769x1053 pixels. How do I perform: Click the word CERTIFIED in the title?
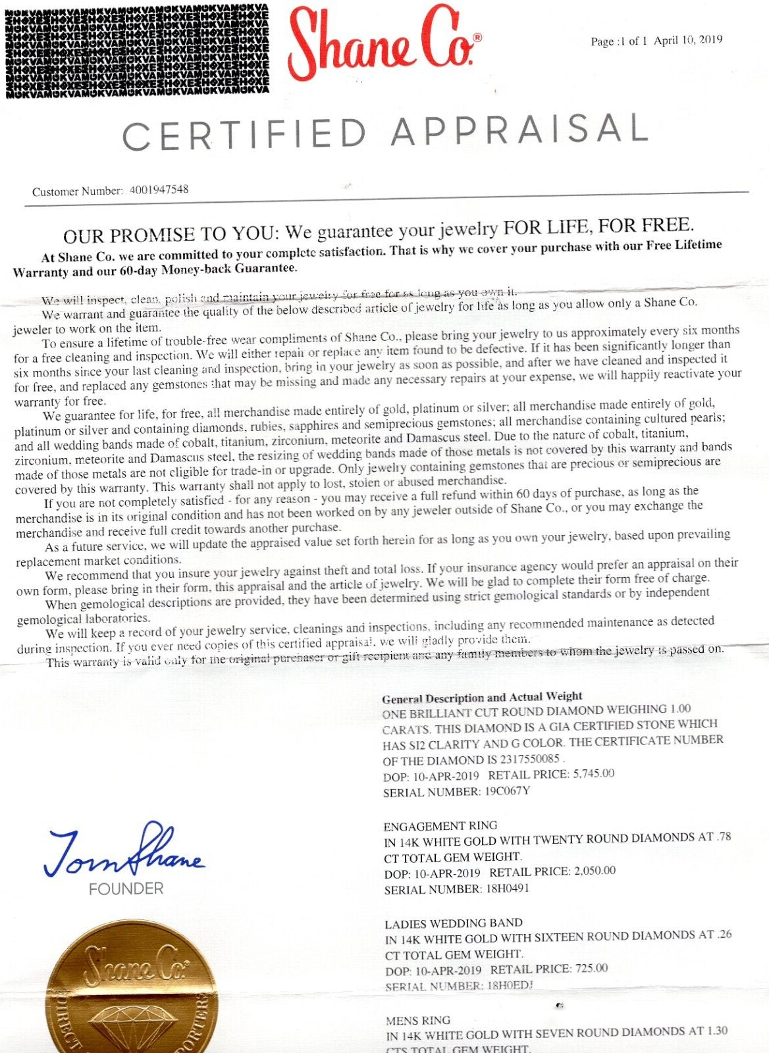pyautogui.click(x=244, y=134)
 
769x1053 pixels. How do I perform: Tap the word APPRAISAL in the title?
pyautogui.click(x=519, y=129)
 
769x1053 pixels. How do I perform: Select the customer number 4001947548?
pyautogui.click(x=159, y=190)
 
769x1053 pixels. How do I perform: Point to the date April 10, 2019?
pyautogui.click(x=688, y=40)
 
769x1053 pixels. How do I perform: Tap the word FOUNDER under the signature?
pyautogui.click(x=126, y=889)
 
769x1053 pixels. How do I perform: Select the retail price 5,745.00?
pyautogui.click(x=594, y=774)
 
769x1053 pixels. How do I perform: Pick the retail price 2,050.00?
pyautogui.click(x=595, y=871)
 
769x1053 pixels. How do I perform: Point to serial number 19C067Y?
pyautogui.click(x=507, y=791)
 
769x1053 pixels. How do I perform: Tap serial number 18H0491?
pyautogui.click(x=508, y=888)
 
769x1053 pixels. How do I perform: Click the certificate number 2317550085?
pyautogui.click(x=523, y=759)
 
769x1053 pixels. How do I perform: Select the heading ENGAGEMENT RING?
pyautogui.click(x=440, y=825)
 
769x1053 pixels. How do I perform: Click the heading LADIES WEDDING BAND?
pyautogui.click(x=454, y=923)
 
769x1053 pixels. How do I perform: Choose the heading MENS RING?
pyautogui.click(x=418, y=1021)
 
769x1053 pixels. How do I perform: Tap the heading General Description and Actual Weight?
pyautogui.click(x=482, y=697)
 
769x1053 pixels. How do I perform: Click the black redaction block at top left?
pyautogui.click(x=137, y=49)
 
